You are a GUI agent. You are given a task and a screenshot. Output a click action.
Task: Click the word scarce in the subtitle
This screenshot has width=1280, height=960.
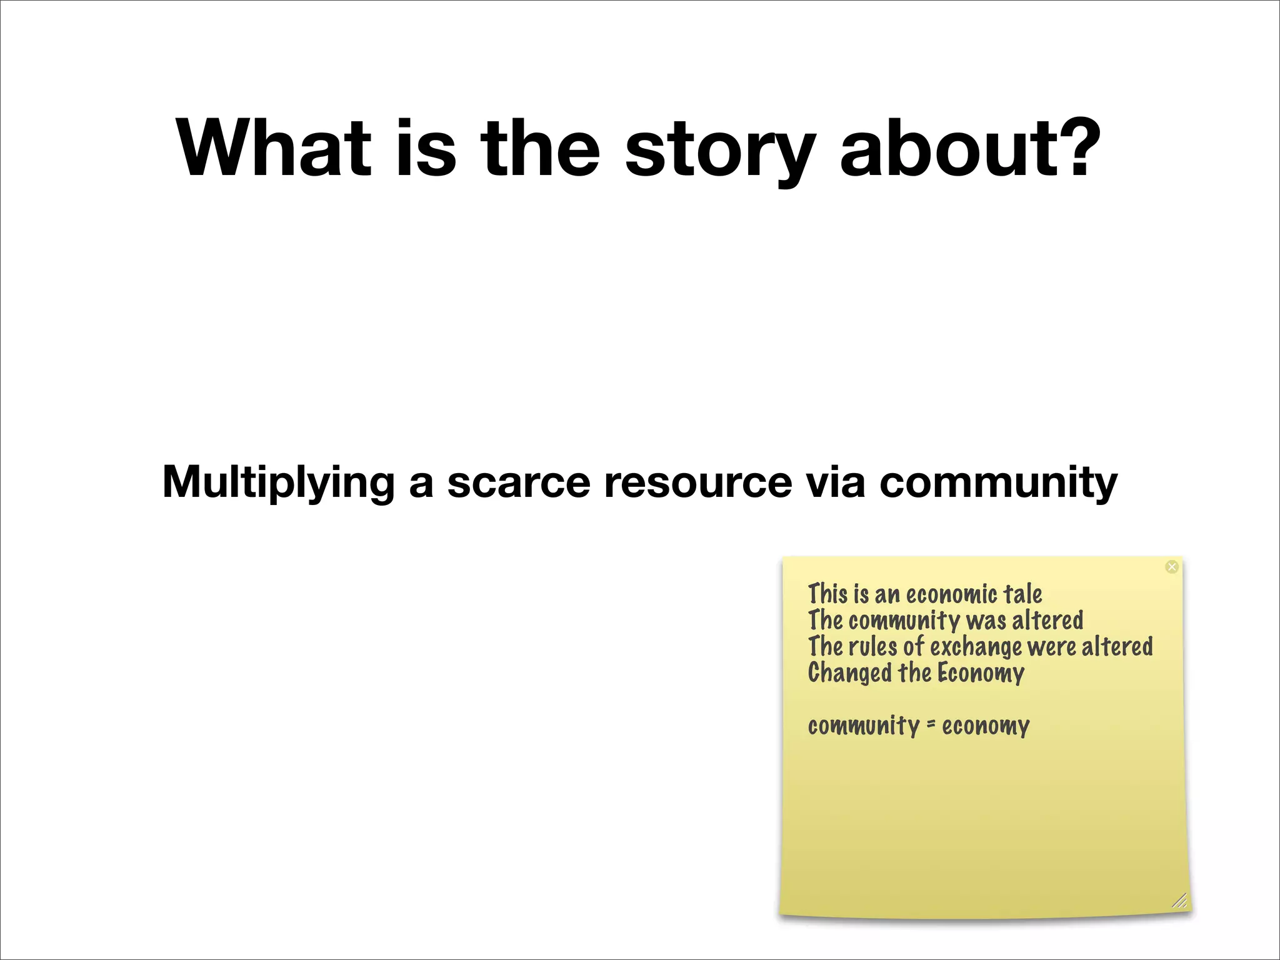[x=518, y=482]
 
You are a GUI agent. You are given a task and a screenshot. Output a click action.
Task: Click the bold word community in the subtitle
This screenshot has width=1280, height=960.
[x=998, y=482]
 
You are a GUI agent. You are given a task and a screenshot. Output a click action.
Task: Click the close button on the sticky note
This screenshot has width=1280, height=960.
[x=1172, y=566]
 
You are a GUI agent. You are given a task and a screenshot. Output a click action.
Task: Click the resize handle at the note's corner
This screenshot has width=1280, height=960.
[x=1179, y=901]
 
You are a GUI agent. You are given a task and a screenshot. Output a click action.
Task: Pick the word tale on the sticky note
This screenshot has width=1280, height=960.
[x=1022, y=594]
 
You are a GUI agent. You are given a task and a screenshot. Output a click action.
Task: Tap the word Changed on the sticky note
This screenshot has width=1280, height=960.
[x=849, y=674]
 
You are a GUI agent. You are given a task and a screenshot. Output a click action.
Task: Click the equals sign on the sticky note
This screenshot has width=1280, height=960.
[x=931, y=725]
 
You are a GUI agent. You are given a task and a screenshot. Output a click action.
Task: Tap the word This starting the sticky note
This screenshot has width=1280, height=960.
[x=827, y=594]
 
